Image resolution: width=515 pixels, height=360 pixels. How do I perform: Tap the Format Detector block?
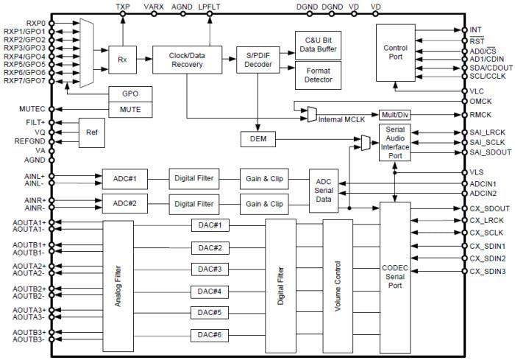(x=317, y=74)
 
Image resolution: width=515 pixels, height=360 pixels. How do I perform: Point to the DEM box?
(x=257, y=138)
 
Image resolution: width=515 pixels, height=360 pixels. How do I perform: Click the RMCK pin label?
(x=481, y=114)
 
